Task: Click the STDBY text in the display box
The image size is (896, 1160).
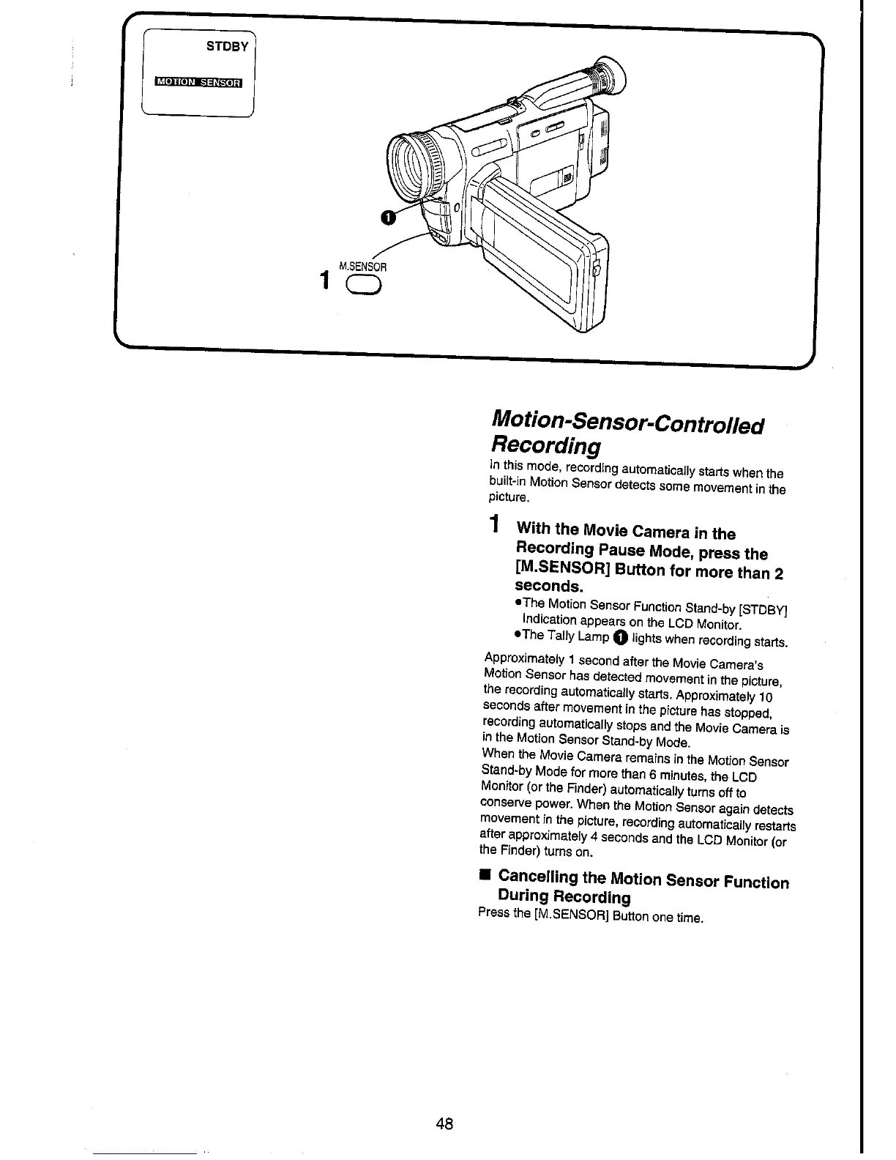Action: pyautogui.click(x=229, y=46)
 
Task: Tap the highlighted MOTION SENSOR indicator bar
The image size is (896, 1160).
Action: pyautogui.click(x=198, y=81)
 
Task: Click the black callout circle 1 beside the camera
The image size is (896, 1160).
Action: pyautogui.click(x=387, y=215)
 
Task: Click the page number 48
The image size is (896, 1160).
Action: pyautogui.click(x=444, y=1123)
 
